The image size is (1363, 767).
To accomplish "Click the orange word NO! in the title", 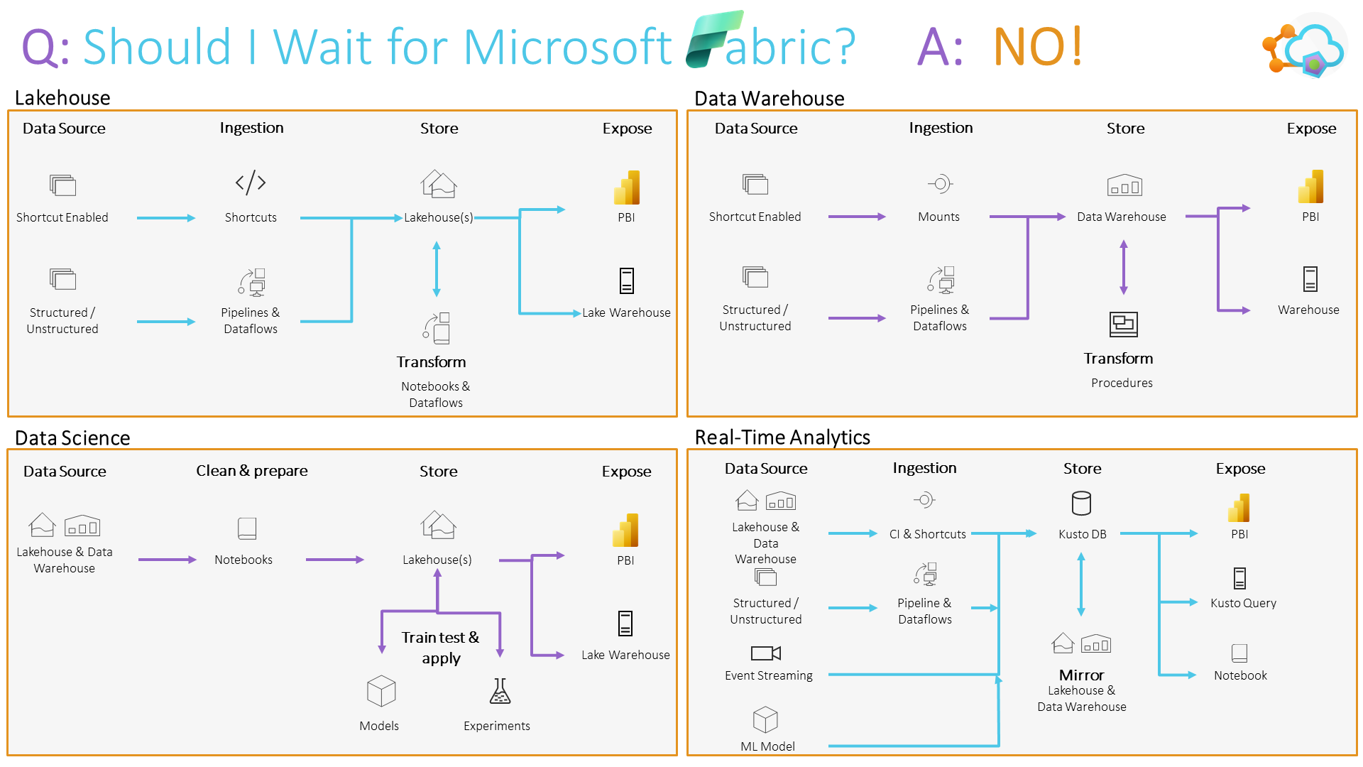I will [1037, 47].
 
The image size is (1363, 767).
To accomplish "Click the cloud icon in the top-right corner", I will [1310, 47].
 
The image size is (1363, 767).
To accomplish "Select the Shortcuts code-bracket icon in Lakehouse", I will [251, 183].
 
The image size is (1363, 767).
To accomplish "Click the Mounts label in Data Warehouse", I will [938, 217].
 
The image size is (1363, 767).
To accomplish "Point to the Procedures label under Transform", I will [1122, 383].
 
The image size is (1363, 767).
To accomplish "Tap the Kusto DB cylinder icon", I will [1081, 504].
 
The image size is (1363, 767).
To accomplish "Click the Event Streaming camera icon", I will [765, 653].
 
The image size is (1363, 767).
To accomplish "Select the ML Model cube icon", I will [765, 719].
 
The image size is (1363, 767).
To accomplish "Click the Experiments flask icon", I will [500, 691].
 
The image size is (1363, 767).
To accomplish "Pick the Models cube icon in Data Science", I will [381, 691].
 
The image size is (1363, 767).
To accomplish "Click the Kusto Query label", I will [1243, 603].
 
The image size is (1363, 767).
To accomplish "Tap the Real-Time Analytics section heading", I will [782, 437].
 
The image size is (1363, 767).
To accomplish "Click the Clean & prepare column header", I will [251, 471].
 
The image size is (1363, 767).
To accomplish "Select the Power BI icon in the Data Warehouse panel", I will [1310, 187].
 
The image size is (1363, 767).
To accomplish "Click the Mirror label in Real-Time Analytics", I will [1081, 675].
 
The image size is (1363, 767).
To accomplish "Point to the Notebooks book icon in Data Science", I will [246, 528].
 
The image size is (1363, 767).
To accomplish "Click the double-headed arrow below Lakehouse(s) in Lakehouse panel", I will [437, 269].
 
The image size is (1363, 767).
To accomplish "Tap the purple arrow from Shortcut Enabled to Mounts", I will [856, 217].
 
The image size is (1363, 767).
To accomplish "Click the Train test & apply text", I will [440, 647].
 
